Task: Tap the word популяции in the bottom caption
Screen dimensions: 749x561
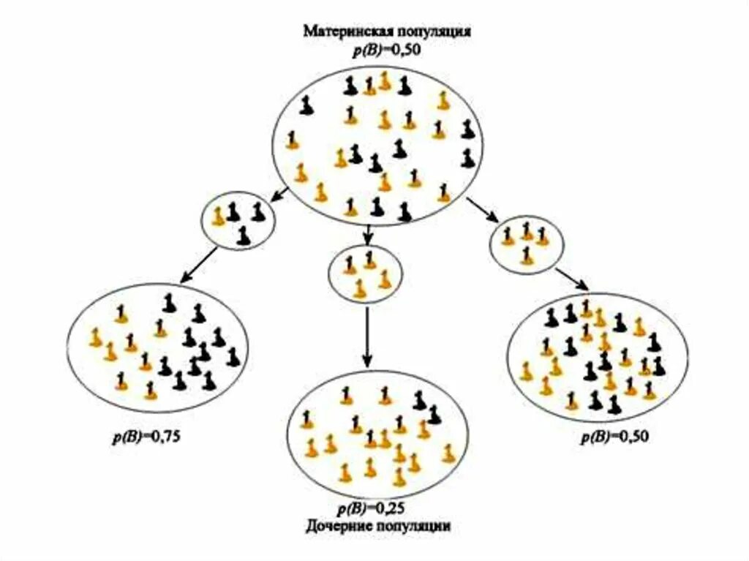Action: coord(415,526)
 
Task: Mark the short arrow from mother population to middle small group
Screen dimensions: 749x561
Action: coord(369,235)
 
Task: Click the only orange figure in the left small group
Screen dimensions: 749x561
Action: coord(217,216)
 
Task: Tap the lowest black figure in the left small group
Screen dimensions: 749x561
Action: coord(244,236)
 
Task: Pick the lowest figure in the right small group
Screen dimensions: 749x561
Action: coord(527,255)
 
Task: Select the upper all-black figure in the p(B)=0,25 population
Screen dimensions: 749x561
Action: coord(419,399)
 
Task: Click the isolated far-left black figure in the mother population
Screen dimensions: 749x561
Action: coord(306,106)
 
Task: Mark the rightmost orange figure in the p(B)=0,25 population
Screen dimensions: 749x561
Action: coord(448,453)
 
